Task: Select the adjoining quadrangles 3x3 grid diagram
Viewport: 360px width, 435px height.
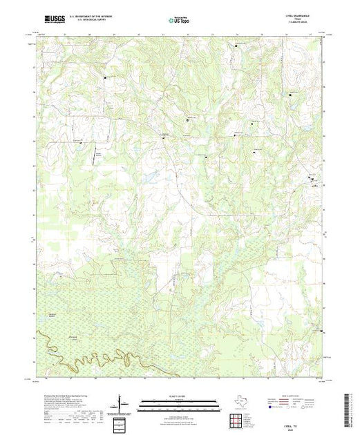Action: point(240,419)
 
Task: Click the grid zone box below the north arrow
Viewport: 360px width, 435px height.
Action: point(121,421)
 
